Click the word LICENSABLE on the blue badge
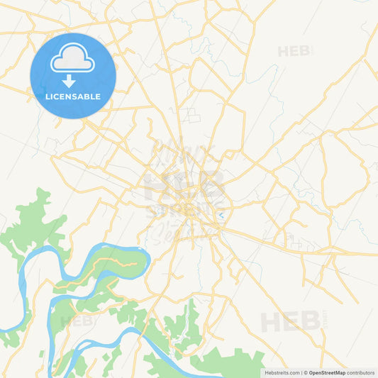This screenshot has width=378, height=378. click(x=72, y=96)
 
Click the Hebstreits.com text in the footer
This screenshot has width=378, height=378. click(x=282, y=372)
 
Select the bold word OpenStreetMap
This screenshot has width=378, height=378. click(x=327, y=372)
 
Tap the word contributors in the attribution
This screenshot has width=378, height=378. click(x=360, y=372)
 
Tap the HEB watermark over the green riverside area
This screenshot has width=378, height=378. click(x=77, y=321)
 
